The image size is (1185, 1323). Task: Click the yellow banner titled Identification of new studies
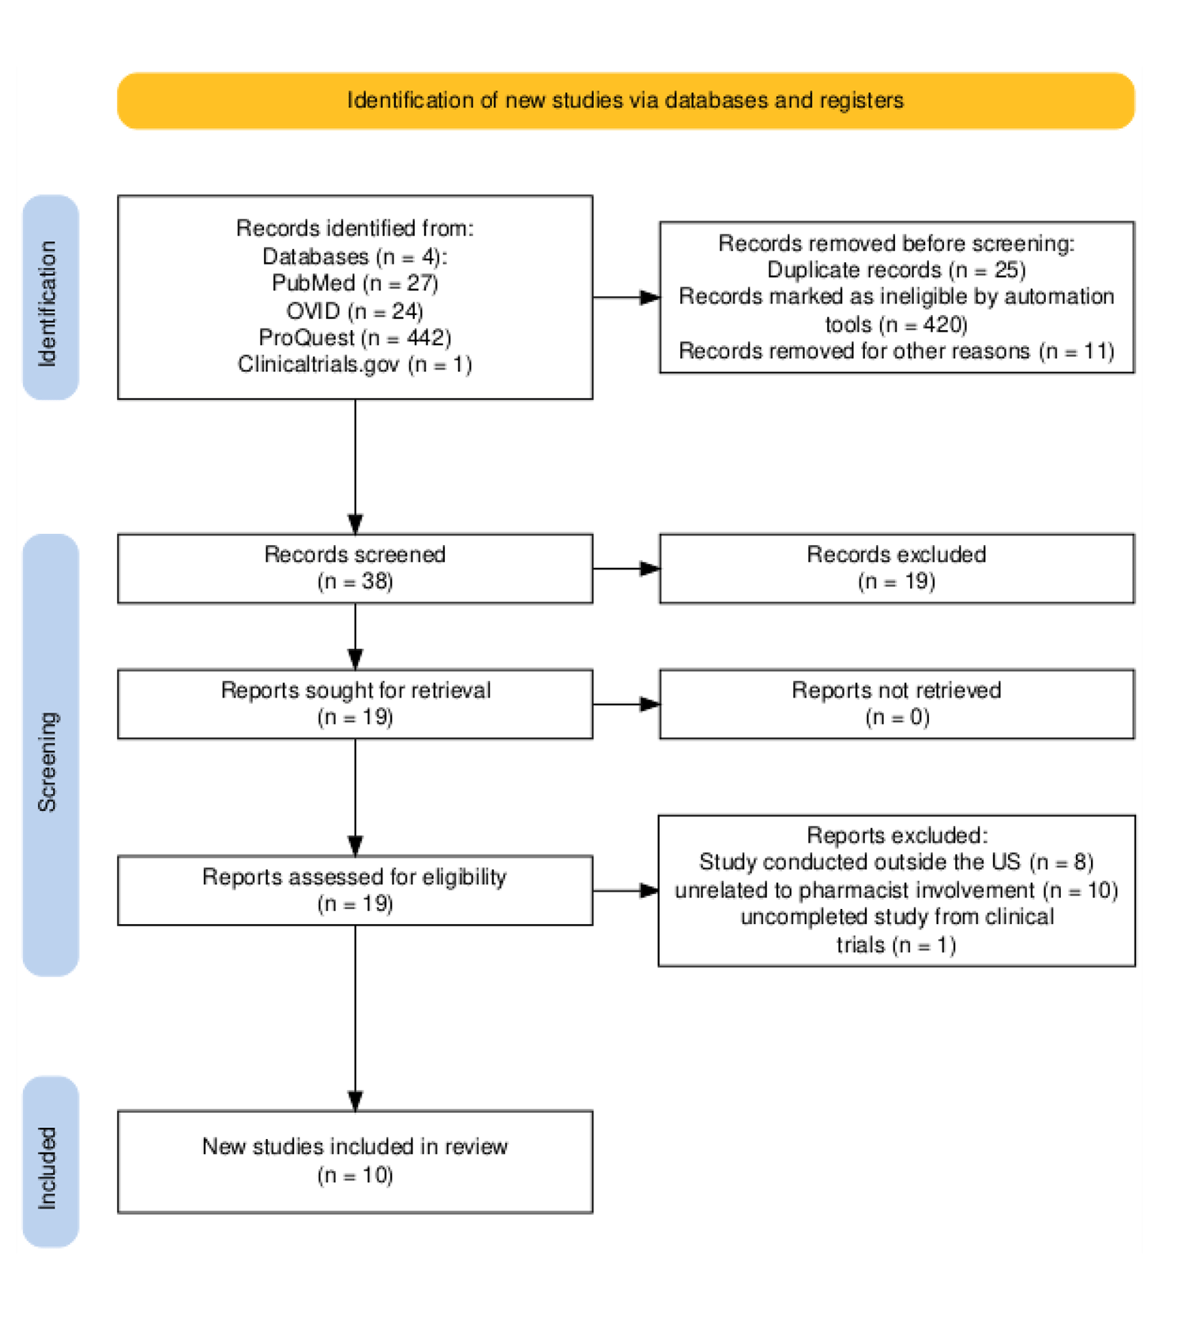coord(625,100)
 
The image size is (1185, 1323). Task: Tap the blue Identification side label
coord(50,299)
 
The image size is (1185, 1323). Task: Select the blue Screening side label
coord(50,755)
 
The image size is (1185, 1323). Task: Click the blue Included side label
coord(50,1161)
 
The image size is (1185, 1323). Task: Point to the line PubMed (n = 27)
coord(355,283)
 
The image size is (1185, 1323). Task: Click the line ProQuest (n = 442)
coord(355,337)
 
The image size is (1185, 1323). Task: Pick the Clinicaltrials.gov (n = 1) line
coord(355,364)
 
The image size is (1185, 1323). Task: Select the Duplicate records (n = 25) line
coord(896,270)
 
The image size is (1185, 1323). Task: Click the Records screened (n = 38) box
coord(355,568)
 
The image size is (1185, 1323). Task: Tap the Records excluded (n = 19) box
coord(896,568)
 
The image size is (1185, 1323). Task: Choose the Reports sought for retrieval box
coord(355,704)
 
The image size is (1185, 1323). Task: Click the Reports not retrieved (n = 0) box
coord(896,704)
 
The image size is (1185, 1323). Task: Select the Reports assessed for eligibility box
coord(355,890)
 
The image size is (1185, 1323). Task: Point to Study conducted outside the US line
coord(896,862)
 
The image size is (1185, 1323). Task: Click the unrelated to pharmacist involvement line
coord(896,890)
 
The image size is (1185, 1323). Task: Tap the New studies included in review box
coord(355,1161)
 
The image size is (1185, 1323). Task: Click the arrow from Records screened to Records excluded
coord(626,568)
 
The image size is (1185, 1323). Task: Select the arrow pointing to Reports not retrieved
coord(626,704)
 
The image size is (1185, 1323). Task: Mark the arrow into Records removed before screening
coord(626,297)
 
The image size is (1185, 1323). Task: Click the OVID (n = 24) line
coord(355,310)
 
